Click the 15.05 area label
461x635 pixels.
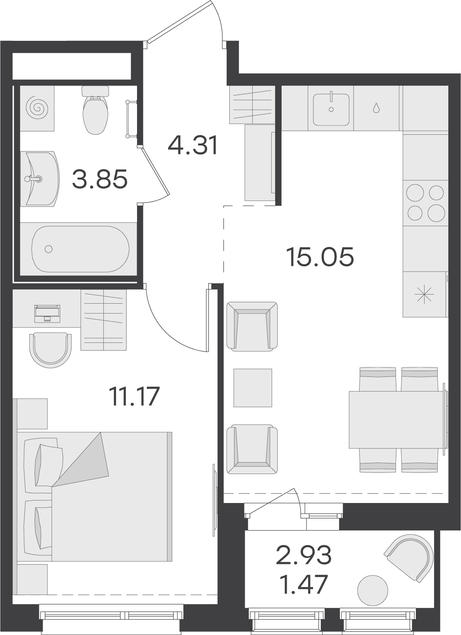click(320, 257)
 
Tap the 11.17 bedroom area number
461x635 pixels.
click(135, 396)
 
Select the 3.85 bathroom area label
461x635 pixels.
click(100, 179)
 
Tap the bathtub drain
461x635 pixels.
click(49, 249)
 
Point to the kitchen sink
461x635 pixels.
click(331, 109)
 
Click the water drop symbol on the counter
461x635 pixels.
click(376, 108)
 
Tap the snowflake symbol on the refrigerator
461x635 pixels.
click(424, 295)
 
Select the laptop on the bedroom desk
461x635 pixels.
click(47, 314)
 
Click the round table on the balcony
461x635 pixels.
click(373, 590)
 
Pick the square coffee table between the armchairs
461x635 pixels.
click(253, 388)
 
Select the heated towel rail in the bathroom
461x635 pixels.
click(131, 119)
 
